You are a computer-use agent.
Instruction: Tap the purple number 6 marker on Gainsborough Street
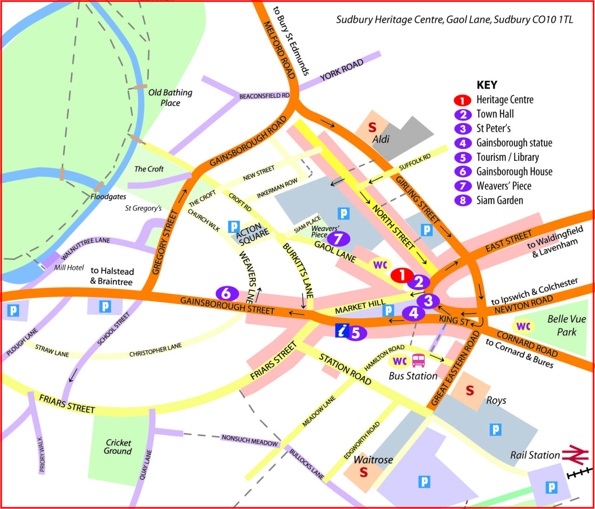(226, 293)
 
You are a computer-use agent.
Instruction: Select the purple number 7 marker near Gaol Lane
(338, 239)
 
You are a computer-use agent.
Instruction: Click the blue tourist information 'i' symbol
(342, 331)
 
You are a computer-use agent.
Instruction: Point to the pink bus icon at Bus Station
(418, 360)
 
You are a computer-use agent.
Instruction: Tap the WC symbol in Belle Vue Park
(523, 326)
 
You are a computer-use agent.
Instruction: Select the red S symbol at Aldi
(372, 127)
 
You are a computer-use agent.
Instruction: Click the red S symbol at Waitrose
(364, 473)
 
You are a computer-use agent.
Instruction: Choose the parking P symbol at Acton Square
(234, 227)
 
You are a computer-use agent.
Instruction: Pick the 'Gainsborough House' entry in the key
(514, 172)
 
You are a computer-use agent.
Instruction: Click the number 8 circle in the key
(463, 200)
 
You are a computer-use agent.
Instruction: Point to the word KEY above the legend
(487, 85)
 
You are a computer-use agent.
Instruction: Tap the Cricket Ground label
(118, 447)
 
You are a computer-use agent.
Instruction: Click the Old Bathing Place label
(170, 98)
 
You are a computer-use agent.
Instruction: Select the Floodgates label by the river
(108, 197)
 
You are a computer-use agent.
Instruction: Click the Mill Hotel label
(69, 267)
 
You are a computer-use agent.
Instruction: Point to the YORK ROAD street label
(342, 70)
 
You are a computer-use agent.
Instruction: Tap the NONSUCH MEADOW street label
(250, 440)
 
